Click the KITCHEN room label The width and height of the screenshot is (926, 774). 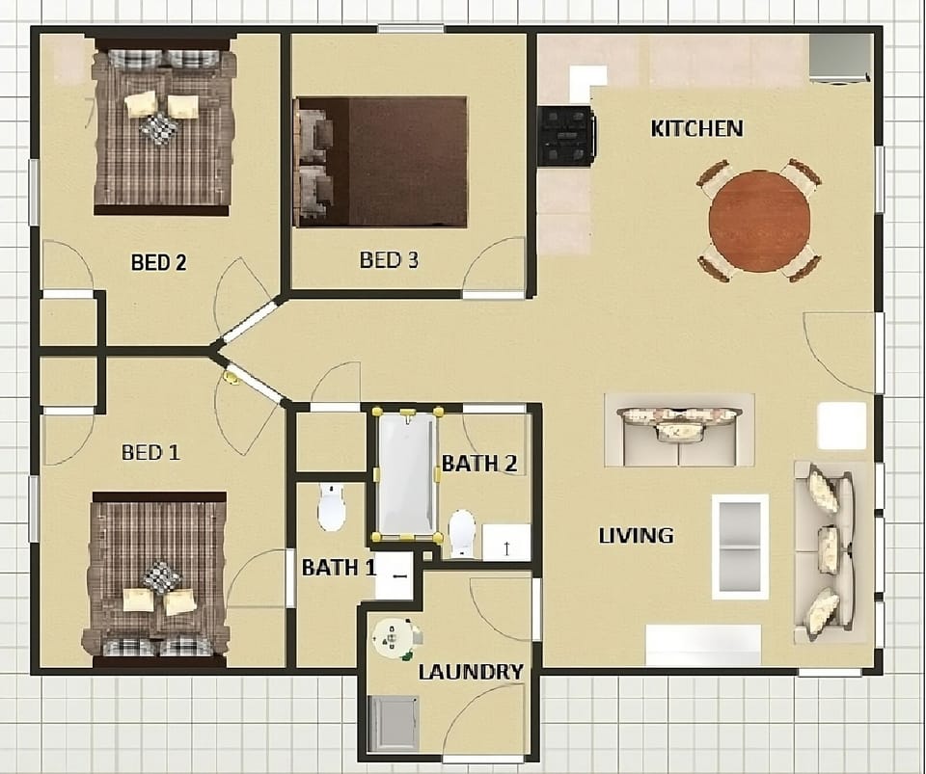pyautogui.click(x=696, y=128)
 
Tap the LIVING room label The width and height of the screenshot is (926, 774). pyautogui.click(x=636, y=536)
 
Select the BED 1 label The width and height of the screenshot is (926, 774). pyautogui.click(x=150, y=452)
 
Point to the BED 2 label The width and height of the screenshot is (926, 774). pyautogui.click(x=158, y=262)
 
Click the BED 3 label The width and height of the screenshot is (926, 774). pyautogui.click(x=389, y=260)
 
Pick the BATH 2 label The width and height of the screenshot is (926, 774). pyautogui.click(x=479, y=464)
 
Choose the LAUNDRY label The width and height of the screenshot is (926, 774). pyautogui.click(x=471, y=672)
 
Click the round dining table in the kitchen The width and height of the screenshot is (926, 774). pyautogui.click(x=759, y=222)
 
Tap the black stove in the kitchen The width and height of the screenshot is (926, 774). pyautogui.click(x=566, y=136)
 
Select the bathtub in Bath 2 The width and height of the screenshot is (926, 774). pyautogui.click(x=406, y=473)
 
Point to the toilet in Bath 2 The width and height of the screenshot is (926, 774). pyautogui.click(x=462, y=533)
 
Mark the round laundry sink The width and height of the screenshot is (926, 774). pyautogui.click(x=394, y=638)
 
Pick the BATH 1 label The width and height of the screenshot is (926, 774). pyautogui.click(x=339, y=568)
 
